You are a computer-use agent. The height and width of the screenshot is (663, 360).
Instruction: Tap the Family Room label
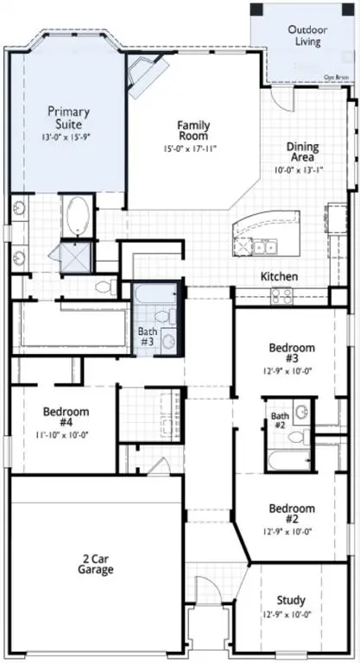click(x=193, y=131)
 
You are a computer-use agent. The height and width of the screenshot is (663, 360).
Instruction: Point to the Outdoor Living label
click(x=305, y=35)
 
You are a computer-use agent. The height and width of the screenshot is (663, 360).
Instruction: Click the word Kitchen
click(x=280, y=276)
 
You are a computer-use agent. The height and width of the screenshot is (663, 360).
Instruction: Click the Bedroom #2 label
click(x=291, y=514)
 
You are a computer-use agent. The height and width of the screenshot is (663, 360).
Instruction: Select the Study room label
click(x=291, y=600)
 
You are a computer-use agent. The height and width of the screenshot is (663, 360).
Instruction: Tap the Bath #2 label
click(x=279, y=420)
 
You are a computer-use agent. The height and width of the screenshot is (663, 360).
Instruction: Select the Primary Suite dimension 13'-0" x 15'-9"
click(x=68, y=136)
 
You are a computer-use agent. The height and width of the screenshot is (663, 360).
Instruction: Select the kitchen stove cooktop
click(x=282, y=296)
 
